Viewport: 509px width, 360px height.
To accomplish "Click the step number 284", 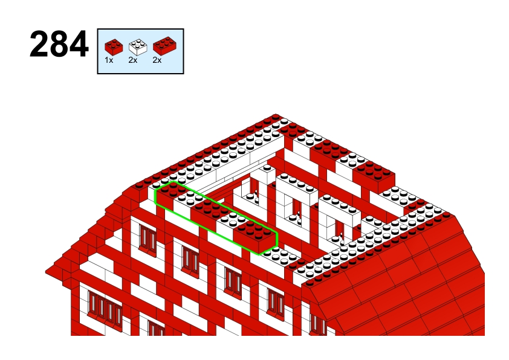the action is coord(59,45).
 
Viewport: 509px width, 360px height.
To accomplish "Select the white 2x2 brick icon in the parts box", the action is coord(138,47).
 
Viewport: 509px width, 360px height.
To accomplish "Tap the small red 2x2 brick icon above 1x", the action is coord(114,47).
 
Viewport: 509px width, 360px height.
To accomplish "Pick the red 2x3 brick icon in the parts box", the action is coord(165,46).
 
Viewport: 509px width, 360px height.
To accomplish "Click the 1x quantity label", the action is coord(109,60).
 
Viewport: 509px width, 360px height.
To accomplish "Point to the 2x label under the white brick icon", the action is coord(133,60).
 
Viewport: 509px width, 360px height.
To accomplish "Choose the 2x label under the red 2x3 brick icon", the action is coord(157,60).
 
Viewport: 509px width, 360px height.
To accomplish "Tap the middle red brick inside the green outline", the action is coord(211,214).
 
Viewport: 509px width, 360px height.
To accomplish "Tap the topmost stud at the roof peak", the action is coord(276,116).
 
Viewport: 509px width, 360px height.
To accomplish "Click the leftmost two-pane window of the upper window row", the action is coord(148,238).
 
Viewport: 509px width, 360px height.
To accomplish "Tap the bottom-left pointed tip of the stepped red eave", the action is coord(46,271).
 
